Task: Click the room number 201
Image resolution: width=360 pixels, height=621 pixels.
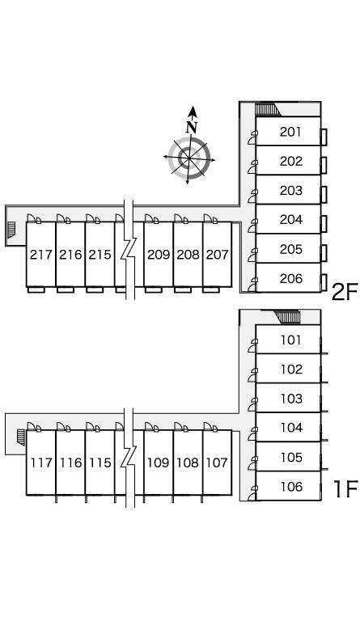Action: pyautogui.click(x=290, y=132)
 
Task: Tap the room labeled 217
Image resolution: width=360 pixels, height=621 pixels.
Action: pyautogui.click(x=41, y=254)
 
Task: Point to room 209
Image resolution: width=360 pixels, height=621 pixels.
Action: pyautogui.click(x=159, y=254)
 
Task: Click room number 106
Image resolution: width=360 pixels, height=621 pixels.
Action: pyautogui.click(x=291, y=486)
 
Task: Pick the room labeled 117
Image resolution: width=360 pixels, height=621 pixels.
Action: pyautogui.click(x=41, y=463)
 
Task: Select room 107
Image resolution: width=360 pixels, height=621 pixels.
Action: pyautogui.click(x=217, y=463)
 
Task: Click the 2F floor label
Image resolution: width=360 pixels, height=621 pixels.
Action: pyautogui.click(x=344, y=293)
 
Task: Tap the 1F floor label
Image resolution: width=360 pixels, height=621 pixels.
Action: pyautogui.click(x=345, y=488)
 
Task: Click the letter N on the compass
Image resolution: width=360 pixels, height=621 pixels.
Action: pyautogui.click(x=192, y=127)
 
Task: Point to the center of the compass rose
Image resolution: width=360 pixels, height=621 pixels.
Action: pyautogui.click(x=189, y=158)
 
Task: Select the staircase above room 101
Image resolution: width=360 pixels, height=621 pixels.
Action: pyautogui.click(x=287, y=317)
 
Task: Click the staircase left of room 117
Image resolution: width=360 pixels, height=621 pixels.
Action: pyautogui.click(x=20, y=437)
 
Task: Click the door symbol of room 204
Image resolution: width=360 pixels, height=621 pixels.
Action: pyautogui.click(x=252, y=226)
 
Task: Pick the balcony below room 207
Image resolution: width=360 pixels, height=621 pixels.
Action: pyautogui.click(x=211, y=289)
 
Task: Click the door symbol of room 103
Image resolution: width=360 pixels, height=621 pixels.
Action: pyautogui.click(x=252, y=404)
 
